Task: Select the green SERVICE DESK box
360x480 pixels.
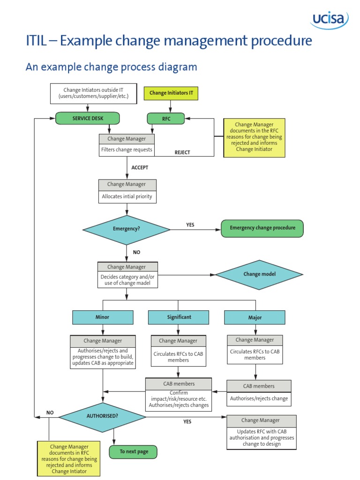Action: coord(88,119)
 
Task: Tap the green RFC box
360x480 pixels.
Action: coord(166,119)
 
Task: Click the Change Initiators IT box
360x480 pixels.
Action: coord(171,93)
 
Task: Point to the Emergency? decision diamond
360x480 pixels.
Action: coord(127,230)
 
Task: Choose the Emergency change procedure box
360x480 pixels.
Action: coord(262,228)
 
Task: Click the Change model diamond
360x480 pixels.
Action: coord(259,274)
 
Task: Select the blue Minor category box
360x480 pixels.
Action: coord(102,317)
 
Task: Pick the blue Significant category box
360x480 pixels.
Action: coord(179,317)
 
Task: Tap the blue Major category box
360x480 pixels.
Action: coord(255,318)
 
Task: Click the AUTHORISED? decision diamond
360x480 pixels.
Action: coord(102,416)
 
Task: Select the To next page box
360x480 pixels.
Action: coord(134,452)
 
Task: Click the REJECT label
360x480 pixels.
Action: coord(182,152)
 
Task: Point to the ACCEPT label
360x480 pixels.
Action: coord(140,167)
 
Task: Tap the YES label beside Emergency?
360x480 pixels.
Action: coord(190,225)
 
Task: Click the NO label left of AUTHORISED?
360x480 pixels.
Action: coord(50,413)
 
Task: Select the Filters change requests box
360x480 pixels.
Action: coord(127,150)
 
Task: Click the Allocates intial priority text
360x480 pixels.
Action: coord(127,197)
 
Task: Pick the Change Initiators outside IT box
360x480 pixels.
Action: coord(93,93)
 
